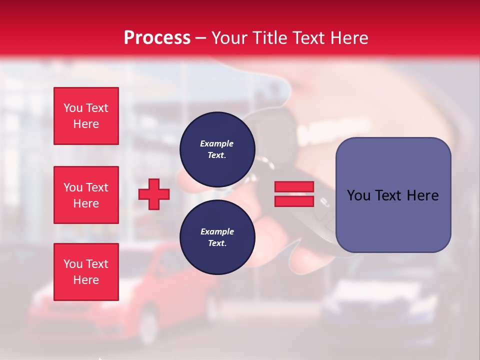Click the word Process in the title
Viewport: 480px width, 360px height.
(157, 38)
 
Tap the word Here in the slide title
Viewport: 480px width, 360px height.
(347, 38)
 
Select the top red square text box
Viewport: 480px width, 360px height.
(86, 116)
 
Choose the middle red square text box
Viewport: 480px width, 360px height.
(86, 195)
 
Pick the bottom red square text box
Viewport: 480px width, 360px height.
(86, 272)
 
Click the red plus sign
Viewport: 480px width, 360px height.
(154, 194)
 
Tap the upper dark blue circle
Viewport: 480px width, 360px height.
(217, 149)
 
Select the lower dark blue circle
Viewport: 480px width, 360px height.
(217, 237)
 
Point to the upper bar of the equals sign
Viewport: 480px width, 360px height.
(294, 187)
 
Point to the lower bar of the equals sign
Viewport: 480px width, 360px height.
(294, 201)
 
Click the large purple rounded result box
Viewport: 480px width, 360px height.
(393, 195)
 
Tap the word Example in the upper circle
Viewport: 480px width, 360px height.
(217, 143)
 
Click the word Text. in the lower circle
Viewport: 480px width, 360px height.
(217, 243)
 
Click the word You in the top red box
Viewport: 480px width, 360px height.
(73, 108)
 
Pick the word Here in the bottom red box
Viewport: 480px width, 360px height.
(86, 280)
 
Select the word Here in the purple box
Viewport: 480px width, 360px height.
(423, 195)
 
